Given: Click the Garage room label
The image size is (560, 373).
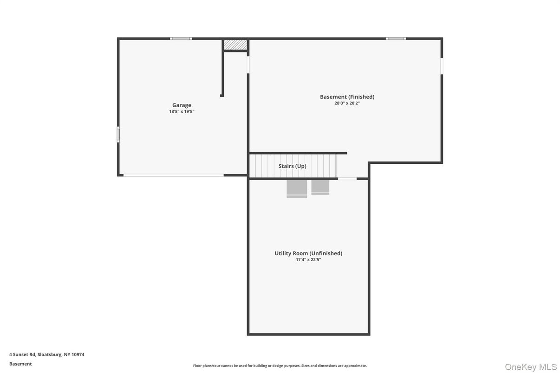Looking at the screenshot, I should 182,105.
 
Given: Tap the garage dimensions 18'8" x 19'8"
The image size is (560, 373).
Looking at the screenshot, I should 182,111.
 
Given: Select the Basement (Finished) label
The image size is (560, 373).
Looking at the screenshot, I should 347,97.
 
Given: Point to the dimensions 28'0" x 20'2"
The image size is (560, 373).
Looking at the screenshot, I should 347,103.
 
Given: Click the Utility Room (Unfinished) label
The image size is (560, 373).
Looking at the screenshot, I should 308,253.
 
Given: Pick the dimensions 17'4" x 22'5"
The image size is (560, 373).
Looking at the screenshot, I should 308,260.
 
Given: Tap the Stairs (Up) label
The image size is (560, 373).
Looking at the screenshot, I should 292,166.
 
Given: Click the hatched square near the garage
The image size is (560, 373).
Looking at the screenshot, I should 235,45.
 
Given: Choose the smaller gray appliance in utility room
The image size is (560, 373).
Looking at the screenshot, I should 320,187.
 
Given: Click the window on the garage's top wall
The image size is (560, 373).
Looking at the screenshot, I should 181,39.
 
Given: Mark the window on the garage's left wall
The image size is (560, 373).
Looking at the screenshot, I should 118,135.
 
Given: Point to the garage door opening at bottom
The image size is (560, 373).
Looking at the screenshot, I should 173,175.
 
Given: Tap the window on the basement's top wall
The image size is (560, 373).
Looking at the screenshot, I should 396,39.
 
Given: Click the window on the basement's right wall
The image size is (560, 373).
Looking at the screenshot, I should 442,66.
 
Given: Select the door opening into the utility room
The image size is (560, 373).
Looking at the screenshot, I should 347,179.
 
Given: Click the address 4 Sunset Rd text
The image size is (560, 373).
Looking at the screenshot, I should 47,354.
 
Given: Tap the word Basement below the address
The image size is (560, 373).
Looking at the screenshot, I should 20,364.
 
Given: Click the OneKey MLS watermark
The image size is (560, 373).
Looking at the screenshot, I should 530,367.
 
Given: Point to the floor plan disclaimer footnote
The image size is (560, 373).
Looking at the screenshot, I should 280,366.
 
